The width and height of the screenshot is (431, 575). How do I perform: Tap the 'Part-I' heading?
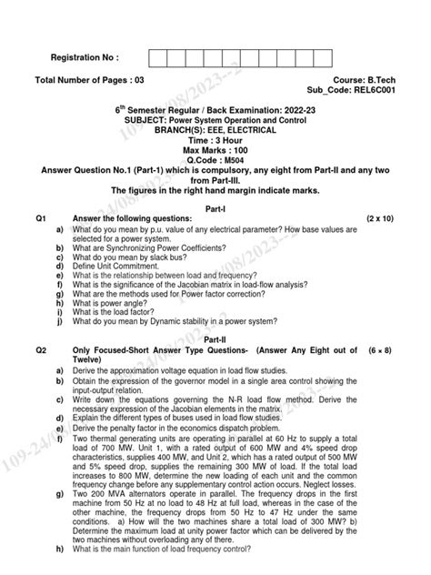point(215,208)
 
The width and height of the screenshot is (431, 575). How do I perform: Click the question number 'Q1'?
point(41,219)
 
